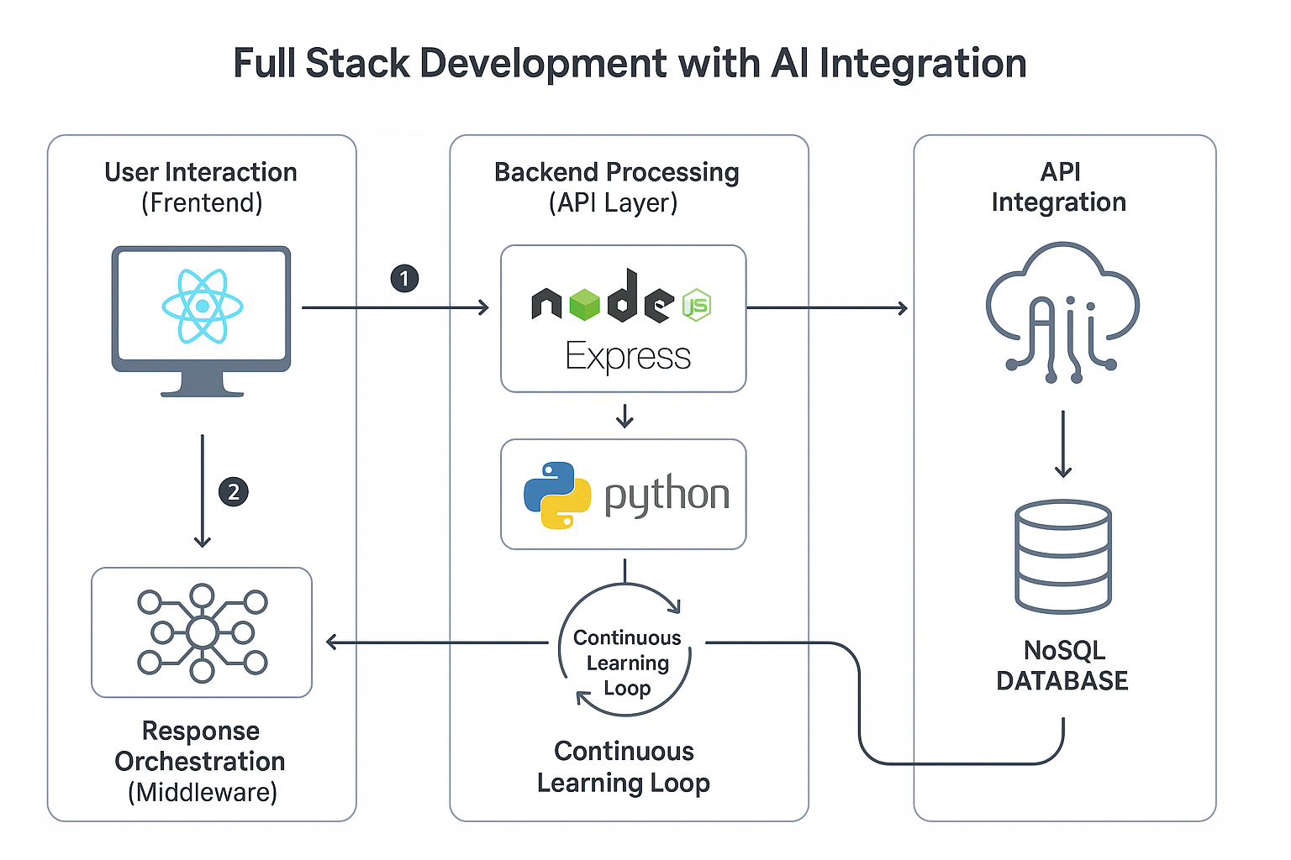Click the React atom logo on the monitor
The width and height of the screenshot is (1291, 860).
[x=202, y=306]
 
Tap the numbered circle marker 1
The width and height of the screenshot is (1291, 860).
[x=404, y=278]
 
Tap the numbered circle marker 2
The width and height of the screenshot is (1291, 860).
[x=234, y=491]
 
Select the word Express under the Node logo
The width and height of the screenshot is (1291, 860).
[x=628, y=357]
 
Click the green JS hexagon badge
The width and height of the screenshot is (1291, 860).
[x=696, y=305]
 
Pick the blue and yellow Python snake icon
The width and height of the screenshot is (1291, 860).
[x=556, y=495]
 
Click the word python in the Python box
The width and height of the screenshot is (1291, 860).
[x=667, y=495]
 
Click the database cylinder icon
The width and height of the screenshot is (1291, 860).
[x=1063, y=557]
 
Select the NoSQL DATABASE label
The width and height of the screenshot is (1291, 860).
[x=1063, y=665]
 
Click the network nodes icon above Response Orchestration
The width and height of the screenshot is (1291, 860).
[x=202, y=632]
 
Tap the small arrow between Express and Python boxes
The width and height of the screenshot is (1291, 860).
[x=624, y=416]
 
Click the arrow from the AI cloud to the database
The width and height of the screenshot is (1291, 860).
[x=1063, y=443]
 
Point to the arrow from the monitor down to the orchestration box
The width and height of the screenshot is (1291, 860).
[x=202, y=491]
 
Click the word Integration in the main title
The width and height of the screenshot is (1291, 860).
[x=922, y=63]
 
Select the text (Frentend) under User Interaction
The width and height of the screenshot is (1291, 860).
[x=202, y=203]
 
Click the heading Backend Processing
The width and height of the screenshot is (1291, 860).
[x=616, y=172]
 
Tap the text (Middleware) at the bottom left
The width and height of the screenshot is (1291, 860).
[x=202, y=792]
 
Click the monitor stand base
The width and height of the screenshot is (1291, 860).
[x=202, y=390]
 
